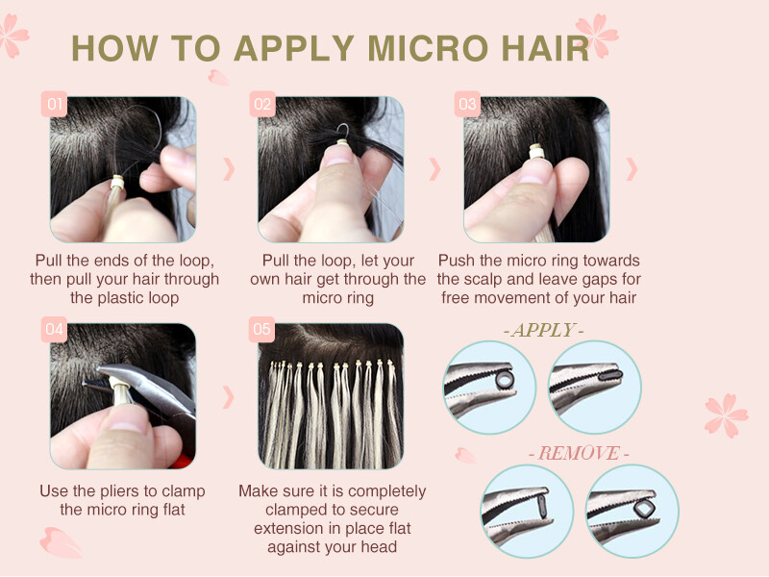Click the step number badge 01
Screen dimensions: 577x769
pos(54,104)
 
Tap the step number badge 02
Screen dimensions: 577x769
pos(261,104)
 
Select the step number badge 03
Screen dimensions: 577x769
pos(468,104)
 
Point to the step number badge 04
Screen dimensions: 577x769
pos(54,330)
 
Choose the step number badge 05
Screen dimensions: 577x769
pos(261,330)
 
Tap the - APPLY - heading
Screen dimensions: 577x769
pos(543,331)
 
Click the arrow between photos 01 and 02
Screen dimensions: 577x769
pos(229,169)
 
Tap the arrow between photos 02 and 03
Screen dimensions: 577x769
pos(434,169)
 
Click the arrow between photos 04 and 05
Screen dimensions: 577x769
pos(229,396)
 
